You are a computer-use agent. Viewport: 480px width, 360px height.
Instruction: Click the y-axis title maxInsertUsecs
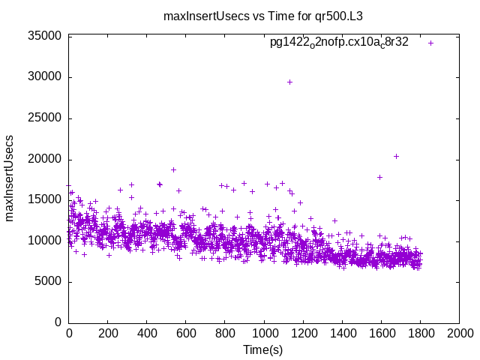tap(10, 178)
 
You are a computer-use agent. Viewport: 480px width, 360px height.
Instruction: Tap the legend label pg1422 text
tap(339, 43)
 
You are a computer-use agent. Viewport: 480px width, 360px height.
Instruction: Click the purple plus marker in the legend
tap(430, 43)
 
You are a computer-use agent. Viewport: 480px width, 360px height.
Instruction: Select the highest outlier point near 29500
tap(289, 82)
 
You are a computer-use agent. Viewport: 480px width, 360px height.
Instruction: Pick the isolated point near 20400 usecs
tap(396, 156)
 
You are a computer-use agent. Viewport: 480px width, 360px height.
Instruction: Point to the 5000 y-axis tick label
tap(47, 282)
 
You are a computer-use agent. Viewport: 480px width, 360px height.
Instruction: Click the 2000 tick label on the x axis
tap(460, 334)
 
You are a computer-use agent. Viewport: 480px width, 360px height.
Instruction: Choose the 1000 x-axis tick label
tap(264, 334)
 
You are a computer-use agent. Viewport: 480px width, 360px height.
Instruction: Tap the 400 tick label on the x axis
tap(147, 334)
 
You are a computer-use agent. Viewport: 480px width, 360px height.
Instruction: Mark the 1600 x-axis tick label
tap(382, 334)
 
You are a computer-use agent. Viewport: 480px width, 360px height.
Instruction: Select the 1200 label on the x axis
tap(303, 334)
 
